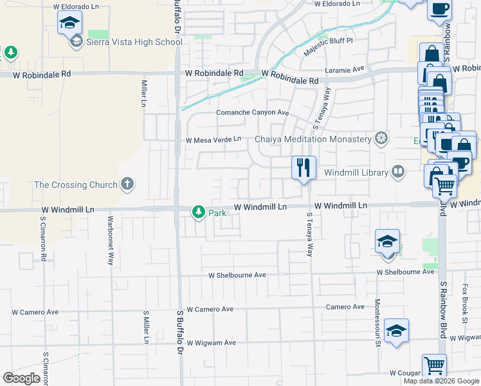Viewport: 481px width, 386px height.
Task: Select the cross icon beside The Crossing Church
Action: pyautogui.click(x=127, y=185)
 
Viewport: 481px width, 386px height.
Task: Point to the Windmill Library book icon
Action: pyautogui.click(x=398, y=172)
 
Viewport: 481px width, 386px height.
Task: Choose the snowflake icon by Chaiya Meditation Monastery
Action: pyautogui.click(x=382, y=139)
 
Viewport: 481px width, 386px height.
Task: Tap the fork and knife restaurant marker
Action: pyautogui.click(x=303, y=167)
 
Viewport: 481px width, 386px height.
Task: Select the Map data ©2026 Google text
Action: pyautogui.click(x=441, y=381)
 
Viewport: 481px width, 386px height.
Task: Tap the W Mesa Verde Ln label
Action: pyautogui.click(x=213, y=139)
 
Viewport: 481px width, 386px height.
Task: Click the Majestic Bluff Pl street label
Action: pyautogui.click(x=332, y=41)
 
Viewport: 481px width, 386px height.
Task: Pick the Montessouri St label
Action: pyautogui.click(x=378, y=322)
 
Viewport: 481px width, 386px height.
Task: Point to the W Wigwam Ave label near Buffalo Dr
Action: pyautogui.click(x=212, y=342)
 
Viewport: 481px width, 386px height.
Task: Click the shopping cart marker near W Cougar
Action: pyautogui.click(x=435, y=365)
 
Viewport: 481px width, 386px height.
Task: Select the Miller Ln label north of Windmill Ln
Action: pyautogui.click(x=143, y=93)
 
